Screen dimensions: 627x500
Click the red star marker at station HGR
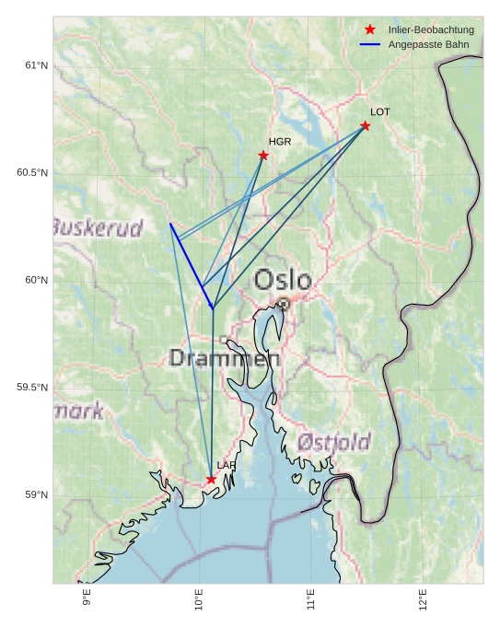coord(263,155)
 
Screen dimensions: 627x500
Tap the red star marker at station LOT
coord(366,125)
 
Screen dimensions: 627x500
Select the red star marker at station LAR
coord(211,479)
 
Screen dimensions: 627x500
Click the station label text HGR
coord(280,142)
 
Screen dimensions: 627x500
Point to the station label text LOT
coord(380,112)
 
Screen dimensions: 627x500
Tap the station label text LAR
coord(226,466)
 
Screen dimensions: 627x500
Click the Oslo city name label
coord(283,280)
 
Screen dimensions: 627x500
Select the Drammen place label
coord(224,359)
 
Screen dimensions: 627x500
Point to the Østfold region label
coord(333,442)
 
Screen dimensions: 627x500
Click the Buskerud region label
coord(98,227)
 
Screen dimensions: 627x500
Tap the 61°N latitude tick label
coord(36,65)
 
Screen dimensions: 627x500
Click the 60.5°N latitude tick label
coord(32,173)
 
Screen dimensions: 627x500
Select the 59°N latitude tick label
coord(36,495)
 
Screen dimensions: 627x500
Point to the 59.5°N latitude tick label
coord(32,388)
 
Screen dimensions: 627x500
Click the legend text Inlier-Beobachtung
coord(431,30)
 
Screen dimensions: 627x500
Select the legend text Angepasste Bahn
coord(428,44)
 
